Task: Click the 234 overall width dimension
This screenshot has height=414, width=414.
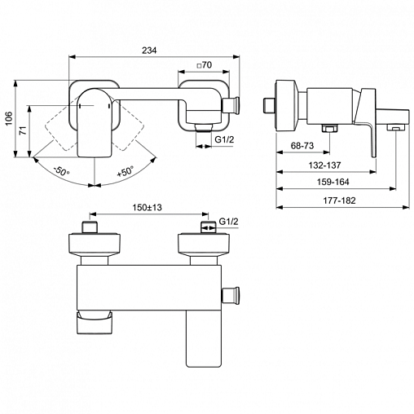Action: click(149, 51)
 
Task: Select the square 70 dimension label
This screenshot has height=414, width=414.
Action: click(204, 65)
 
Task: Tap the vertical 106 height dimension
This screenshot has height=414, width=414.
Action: click(9, 118)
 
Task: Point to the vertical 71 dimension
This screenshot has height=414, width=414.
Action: click(24, 130)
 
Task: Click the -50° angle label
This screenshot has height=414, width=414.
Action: click(62, 171)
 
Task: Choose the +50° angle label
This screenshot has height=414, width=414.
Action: click(126, 171)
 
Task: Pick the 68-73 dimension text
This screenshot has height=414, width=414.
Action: click(302, 146)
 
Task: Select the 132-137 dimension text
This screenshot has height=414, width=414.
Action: click(324, 165)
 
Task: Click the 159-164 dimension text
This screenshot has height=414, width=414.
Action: click(333, 182)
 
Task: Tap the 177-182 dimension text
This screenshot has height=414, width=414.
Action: click(339, 200)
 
